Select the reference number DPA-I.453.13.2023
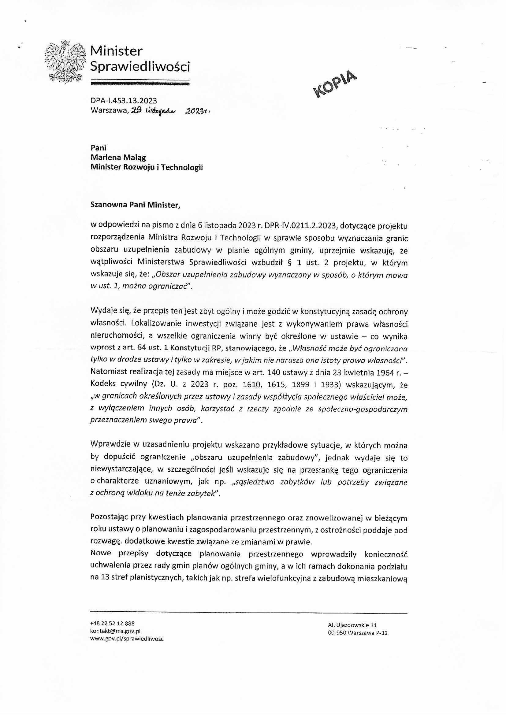tap(124, 101)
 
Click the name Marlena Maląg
tap(118, 157)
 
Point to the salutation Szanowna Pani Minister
tap(135, 205)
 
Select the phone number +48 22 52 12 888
tap(113, 624)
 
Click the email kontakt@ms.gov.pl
tap(115, 631)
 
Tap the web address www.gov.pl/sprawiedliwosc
tap(127, 639)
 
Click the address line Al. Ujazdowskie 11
tap(352, 625)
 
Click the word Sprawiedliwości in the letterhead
tap(140, 66)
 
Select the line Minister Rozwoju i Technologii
tap(147, 168)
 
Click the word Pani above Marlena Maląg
tap(99, 148)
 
